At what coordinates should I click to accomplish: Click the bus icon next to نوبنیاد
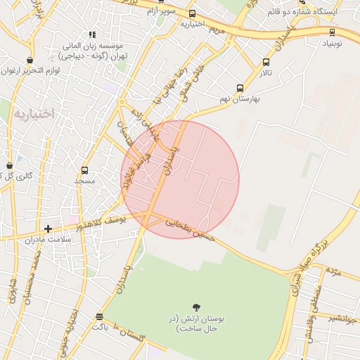coord(332,32)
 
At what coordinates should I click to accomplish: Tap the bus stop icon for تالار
coord(265,62)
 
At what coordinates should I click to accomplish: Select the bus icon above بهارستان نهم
coord(240,89)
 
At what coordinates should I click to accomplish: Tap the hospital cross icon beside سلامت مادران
coord(48,229)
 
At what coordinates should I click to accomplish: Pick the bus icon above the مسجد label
coord(85,170)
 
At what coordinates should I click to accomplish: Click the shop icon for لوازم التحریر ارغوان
coord(29,60)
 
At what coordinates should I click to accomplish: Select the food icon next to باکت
coord(98,316)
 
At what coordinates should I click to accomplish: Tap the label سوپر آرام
coord(160,11)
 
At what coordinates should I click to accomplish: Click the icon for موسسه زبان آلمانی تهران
coord(92,34)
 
